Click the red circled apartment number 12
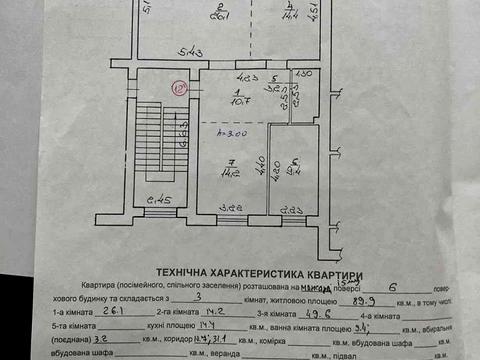180,88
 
